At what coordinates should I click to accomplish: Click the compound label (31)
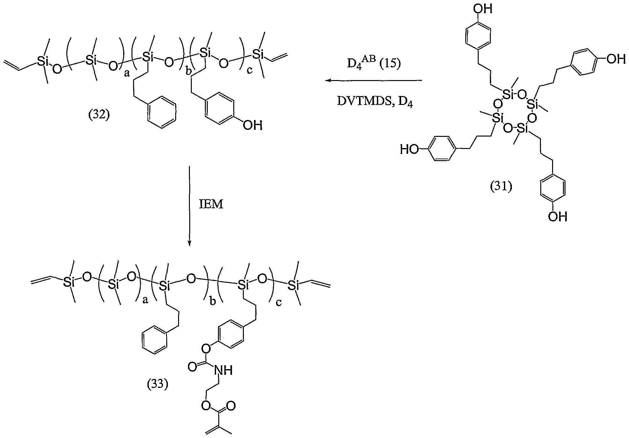(x=501, y=187)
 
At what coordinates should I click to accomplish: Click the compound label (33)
(x=157, y=385)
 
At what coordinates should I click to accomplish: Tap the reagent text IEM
(x=211, y=204)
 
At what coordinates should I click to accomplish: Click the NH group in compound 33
(x=223, y=370)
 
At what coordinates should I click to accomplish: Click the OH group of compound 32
(x=253, y=125)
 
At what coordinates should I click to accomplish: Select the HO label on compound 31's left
(x=409, y=149)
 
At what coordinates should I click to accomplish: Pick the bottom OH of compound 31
(x=558, y=217)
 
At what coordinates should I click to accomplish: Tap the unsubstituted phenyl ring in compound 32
(x=162, y=113)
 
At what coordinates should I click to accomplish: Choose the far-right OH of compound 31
(x=616, y=59)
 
